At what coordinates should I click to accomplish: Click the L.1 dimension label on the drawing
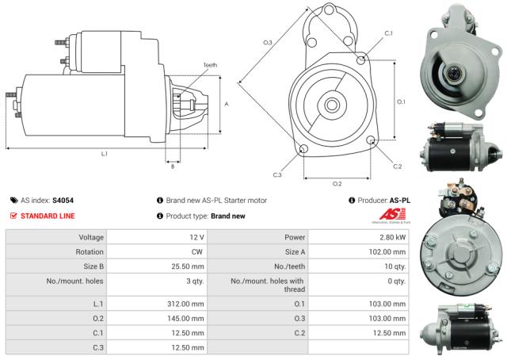[104, 153]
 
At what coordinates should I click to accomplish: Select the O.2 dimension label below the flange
[337, 183]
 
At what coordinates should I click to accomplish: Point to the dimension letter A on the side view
[227, 104]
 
